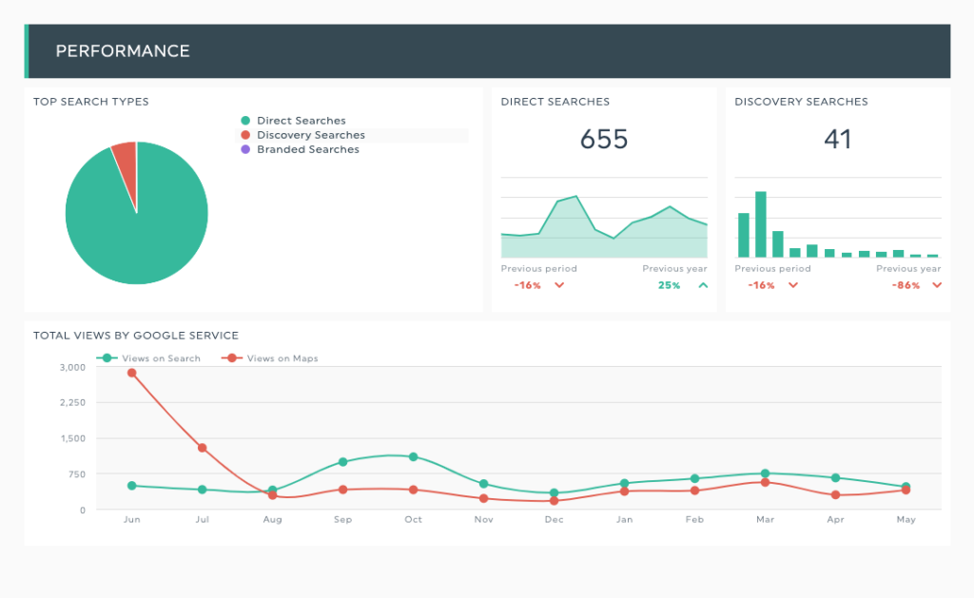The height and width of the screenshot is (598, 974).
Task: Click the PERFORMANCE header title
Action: (123, 51)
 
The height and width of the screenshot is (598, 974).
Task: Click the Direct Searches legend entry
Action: (293, 121)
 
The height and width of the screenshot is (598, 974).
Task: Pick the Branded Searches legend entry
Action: (300, 149)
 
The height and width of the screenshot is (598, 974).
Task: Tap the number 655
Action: (604, 139)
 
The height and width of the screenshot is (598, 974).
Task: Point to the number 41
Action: (837, 139)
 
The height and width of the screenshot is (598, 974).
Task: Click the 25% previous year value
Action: (669, 285)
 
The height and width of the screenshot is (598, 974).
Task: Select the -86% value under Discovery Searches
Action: (906, 285)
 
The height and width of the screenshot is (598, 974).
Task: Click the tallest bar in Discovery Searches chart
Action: (761, 224)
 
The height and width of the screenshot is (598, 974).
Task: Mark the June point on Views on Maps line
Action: (131, 374)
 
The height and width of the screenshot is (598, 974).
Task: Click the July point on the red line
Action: (202, 448)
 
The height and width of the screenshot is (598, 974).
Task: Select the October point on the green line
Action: (413, 457)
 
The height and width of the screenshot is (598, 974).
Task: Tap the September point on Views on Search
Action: (342, 462)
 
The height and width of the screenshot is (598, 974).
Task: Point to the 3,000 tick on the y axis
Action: (72, 367)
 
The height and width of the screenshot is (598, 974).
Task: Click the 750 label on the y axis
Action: (77, 474)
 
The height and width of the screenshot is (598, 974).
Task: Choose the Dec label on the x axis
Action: (555, 519)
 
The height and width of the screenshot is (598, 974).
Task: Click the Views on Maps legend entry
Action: (269, 358)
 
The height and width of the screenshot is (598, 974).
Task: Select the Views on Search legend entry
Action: (148, 358)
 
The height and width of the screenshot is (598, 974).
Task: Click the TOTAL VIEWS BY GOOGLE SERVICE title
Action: (136, 336)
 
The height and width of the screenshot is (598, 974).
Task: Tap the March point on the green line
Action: (766, 473)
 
